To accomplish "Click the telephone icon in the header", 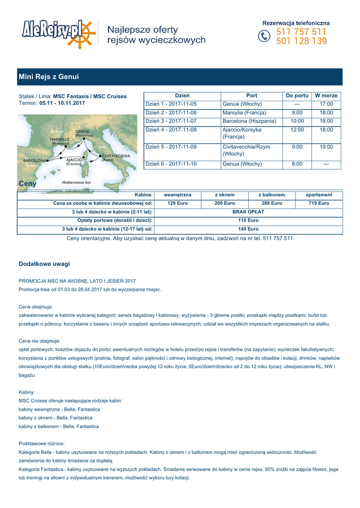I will [264, 36].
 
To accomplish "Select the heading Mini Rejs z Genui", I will [49, 77].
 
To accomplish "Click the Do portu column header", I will [297, 95].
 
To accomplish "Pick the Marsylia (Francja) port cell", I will [244, 113].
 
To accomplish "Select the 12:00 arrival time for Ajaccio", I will [297, 129].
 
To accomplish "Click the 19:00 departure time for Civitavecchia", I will [326, 147].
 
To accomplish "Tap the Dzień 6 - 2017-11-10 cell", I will [171, 164].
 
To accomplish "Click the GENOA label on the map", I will [82, 131].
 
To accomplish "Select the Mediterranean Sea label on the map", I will [76, 183].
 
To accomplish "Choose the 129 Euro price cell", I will [178, 203].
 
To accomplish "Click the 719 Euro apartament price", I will [319, 203].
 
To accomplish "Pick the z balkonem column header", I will [272, 195].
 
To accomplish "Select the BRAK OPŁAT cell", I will [248, 212].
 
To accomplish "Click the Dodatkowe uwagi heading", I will [44, 263].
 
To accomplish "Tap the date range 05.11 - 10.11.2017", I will [62, 103].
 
